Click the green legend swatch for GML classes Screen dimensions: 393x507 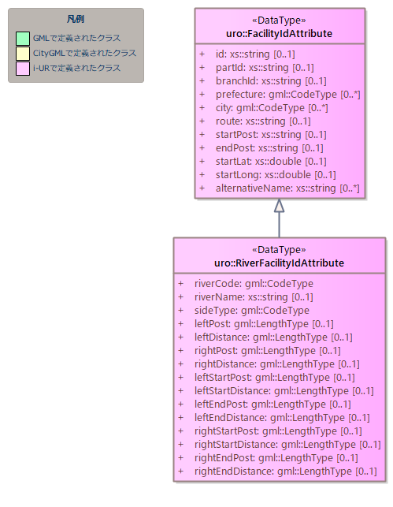[x=23, y=39]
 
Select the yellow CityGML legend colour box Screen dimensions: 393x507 [x=23, y=54]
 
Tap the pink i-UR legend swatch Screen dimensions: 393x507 [x=23, y=69]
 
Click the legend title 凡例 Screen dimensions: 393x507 [x=76, y=19]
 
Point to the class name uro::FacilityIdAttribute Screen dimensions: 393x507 [x=279, y=34]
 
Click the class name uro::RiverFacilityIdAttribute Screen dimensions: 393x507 [x=279, y=263]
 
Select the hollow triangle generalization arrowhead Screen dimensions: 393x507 [x=280, y=205]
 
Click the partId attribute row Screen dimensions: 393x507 [x=265, y=68]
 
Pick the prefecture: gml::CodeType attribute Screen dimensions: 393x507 [x=288, y=95]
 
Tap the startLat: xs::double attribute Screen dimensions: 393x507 [x=271, y=162]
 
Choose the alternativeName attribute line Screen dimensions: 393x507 [x=287, y=188]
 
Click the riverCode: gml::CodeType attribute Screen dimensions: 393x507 [x=254, y=284]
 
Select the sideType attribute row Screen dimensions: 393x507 [x=252, y=311]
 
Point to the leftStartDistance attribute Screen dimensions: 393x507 [x=284, y=391]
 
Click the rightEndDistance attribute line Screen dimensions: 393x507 [x=285, y=472]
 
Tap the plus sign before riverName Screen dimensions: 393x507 [x=181, y=297]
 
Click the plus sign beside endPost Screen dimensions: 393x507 [x=202, y=147]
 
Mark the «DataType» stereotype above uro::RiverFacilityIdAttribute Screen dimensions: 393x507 [x=279, y=250]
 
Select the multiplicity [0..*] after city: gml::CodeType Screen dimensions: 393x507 [x=318, y=108]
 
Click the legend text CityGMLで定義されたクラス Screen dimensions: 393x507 [x=84, y=53]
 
